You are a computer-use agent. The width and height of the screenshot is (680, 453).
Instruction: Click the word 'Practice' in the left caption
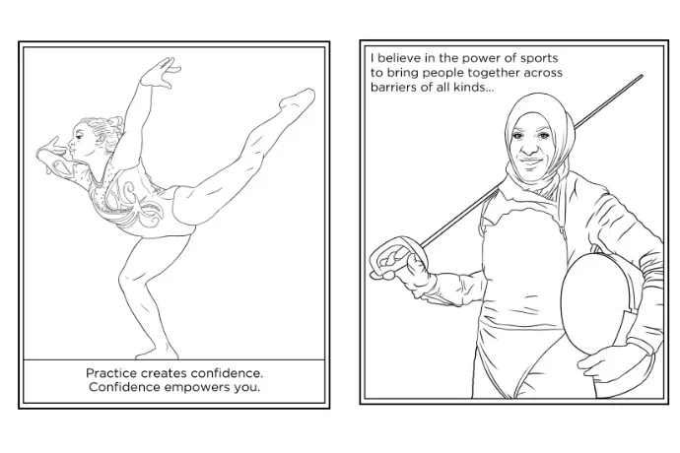(111, 373)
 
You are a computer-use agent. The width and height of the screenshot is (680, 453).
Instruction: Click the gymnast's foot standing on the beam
(158, 352)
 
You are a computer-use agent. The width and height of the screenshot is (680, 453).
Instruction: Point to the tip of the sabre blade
(642, 76)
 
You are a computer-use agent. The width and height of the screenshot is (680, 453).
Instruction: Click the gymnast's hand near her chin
(49, 151)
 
